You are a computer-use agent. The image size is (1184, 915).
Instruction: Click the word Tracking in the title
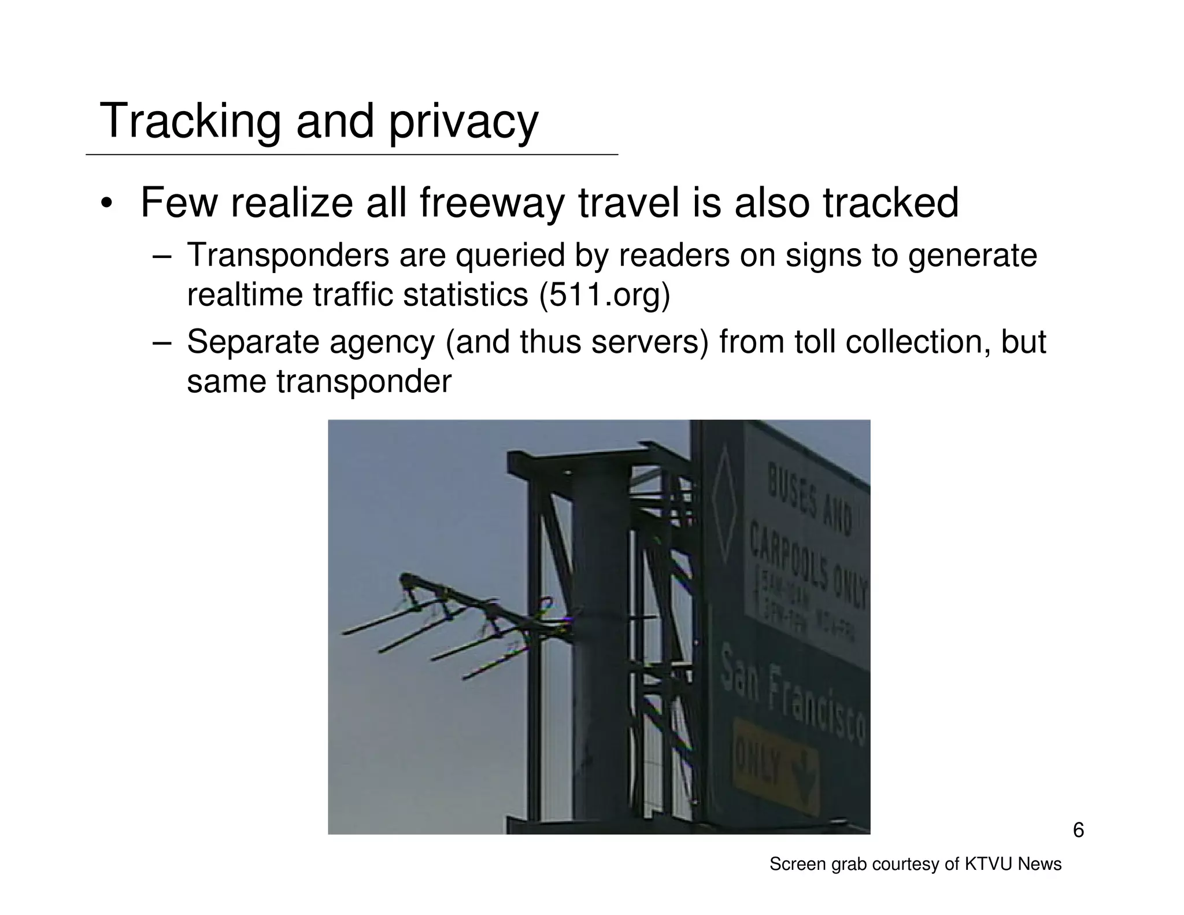(190, 121)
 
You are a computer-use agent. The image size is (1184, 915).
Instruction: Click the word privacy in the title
(463, 123)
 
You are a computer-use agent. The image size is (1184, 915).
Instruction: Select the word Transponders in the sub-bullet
(288, 255)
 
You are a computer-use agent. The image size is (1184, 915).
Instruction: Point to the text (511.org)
(604, 295)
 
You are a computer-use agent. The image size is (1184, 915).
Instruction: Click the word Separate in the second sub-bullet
(253, 341)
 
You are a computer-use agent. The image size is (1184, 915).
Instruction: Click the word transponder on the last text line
(363, 381)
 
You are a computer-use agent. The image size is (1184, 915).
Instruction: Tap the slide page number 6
(1078, 831)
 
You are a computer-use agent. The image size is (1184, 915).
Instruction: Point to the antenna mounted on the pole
(457, 625)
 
